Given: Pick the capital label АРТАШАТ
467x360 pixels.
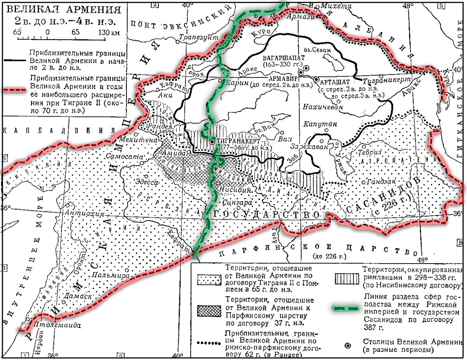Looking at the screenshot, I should [335, 81].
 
